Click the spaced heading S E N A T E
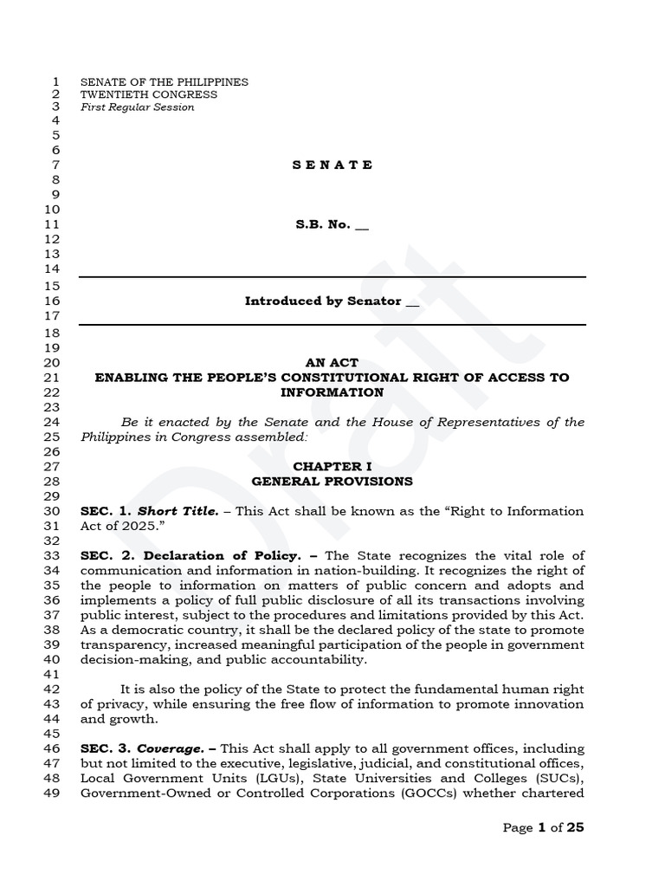[x=332, y=165]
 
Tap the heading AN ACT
[x=332, y=363]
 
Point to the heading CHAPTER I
[x=332, y=466]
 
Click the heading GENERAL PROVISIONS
[x=332, y=481]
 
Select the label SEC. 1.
[x=105, y=511]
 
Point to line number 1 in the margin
[x=55, y=81]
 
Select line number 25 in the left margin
[x=51, y=437]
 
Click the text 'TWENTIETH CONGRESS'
[x=149, y=94]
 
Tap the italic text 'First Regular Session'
[x=138, y=107]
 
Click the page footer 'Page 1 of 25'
[x=543, y=827]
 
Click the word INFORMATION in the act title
[x=332, y=392]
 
